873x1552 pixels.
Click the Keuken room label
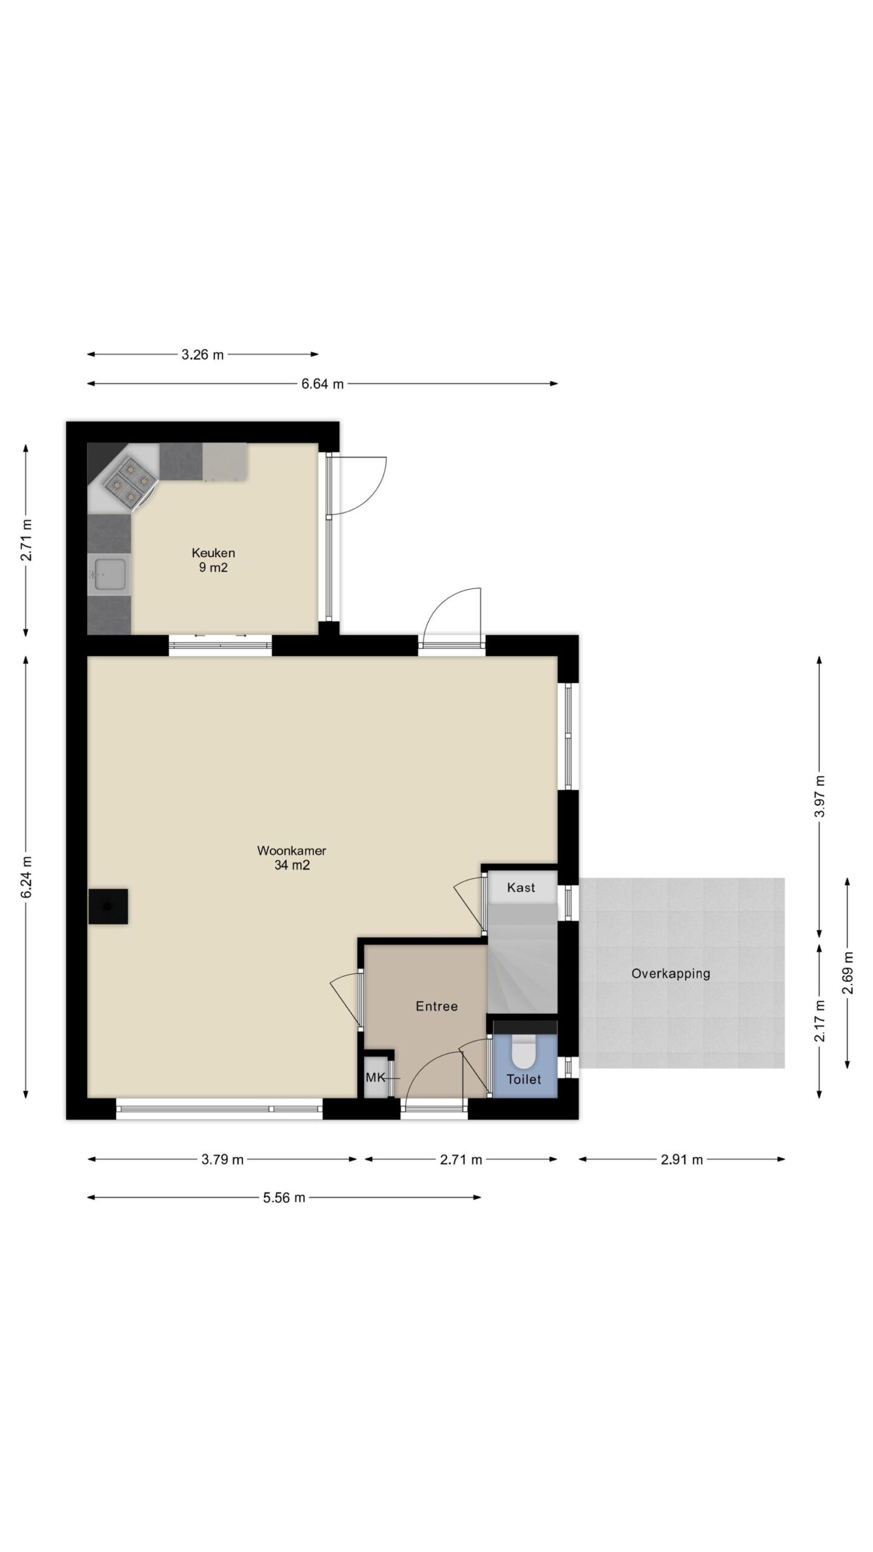tap(213, 553)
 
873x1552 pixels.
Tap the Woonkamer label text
tap(292, 851)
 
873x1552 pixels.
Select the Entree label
tap(436, 1006)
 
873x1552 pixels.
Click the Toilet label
tap(524, 1079)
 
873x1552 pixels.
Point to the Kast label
tap(521, 888)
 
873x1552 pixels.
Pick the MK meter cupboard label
tap(375, 1078)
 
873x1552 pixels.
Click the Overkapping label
tap(671, 974)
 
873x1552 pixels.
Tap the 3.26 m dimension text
tap(202, 355)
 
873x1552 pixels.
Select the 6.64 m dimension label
tap(323, 384)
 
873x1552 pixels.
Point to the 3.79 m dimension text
tap(222, 1160)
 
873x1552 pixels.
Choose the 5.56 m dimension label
tap(284, 1197)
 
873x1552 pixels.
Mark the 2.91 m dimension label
tap(682, 1160)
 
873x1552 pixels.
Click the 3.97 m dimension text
tap(820, 797)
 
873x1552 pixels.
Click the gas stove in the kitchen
tap(129, 482)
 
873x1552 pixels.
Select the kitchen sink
tap(109, 574)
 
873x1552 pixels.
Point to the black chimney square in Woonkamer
tap(108, 906)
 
